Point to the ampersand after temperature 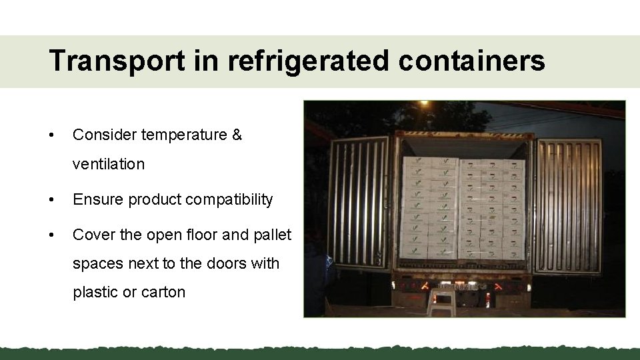pyautogui.click(x=237, y=135)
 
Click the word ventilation pyautogui.click(x=109, y=164)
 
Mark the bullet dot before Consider pyautogui.click(x=52, y=135)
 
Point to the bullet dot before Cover pyautogui.click(x=52, y=235)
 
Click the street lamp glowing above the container pyautogui.click(x=423, y=103)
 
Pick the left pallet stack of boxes pyautogui.click(x=429, y=208)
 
